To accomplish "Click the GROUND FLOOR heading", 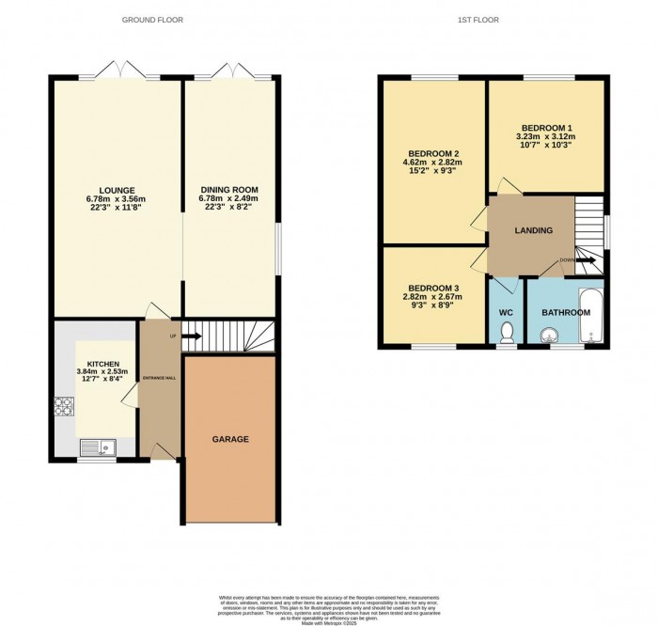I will tap(153, 19).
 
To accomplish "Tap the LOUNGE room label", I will tap(117, 190).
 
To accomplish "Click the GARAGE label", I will tap(230, 439).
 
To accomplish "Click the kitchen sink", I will tap(99, 447).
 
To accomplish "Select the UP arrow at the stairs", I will tap(191, 335).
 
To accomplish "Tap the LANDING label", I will tap(533, 230).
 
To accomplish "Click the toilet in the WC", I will tap(508, 333).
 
